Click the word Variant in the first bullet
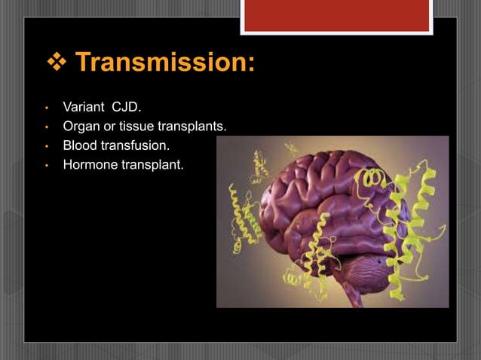click(x=81, y=117)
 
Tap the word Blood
click(x=78, y=145)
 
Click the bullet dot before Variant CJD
click(x=46, y=118)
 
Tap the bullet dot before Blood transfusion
click(x=46, y=145)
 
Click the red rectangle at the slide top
click(x=336, y=14)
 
